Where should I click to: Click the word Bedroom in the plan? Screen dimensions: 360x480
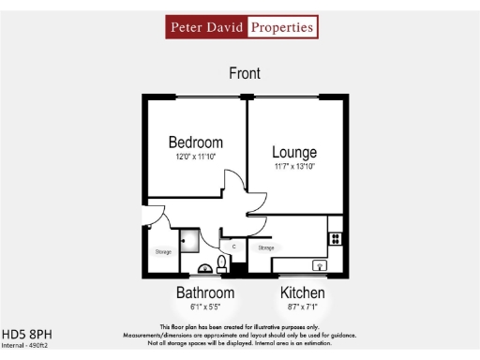[196, 142]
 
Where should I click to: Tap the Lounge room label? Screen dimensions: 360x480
[294, 153]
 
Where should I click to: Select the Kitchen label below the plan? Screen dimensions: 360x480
[303, 293]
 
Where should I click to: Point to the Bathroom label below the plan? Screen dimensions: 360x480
[205, 293]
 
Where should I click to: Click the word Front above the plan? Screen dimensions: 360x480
[245, 73]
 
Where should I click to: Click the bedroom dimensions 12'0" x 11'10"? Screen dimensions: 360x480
[195, 157]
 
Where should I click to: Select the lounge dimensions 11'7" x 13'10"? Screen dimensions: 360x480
[294, 167]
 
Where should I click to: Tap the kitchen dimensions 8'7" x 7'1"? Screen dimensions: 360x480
[303, 307]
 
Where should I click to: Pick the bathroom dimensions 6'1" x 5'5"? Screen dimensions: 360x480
[205, 307]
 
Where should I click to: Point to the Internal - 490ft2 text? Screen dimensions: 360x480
[24, 345]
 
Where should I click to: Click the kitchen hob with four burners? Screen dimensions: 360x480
[334, 239]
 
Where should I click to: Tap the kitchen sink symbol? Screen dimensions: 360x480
[321, 266]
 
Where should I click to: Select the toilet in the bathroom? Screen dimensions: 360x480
[222, 262]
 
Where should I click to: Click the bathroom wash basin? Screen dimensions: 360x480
[203, 268]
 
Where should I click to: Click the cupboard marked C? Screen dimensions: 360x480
[233, 246]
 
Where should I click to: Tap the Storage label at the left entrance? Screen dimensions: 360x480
[163, 251]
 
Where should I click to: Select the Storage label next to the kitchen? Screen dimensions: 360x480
[266, 247]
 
